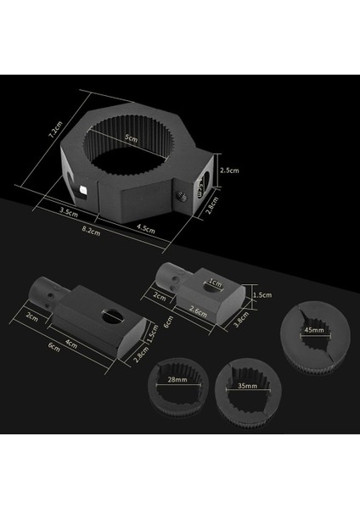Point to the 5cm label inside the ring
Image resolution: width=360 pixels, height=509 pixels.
point(129,139)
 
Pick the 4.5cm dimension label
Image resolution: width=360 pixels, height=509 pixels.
point(146,227)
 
